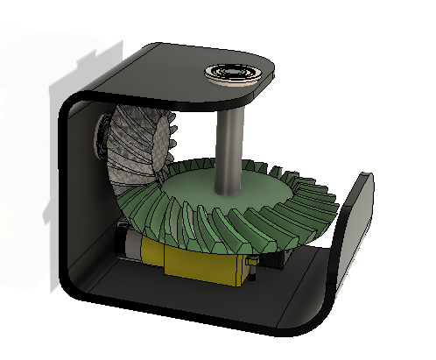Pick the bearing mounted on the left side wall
tap(98, 136)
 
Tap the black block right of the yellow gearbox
tap(278, 256)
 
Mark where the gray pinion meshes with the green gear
tap(162, 175)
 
